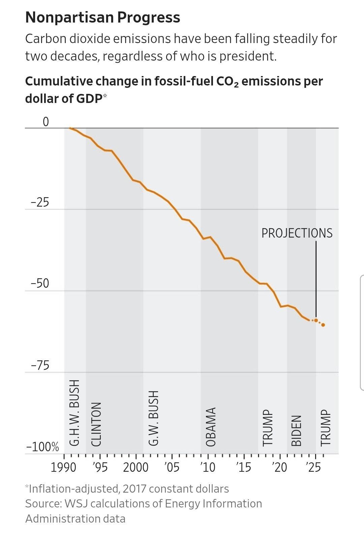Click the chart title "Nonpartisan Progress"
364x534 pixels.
[102, 17]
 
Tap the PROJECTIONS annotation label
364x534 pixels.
[297, 233]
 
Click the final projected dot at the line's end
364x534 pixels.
[323, 325]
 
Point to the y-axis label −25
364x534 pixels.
[40, 203]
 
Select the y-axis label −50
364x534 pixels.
[40, 284]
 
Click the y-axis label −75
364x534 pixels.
[40, 365]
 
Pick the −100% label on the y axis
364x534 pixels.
[42, 447]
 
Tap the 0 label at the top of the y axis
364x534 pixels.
[45, 122]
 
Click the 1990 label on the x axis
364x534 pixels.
[63, 467]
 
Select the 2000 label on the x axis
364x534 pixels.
[135, 467]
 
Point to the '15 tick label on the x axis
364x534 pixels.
[244, 467]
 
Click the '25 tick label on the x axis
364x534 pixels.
[314, 467]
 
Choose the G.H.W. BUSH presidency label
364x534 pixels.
[74, 413]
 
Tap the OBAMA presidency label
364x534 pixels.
[211, 427]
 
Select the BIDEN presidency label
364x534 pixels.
[296, 431]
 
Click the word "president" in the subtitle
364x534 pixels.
[247, 56]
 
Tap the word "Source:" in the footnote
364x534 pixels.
[43, 504]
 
